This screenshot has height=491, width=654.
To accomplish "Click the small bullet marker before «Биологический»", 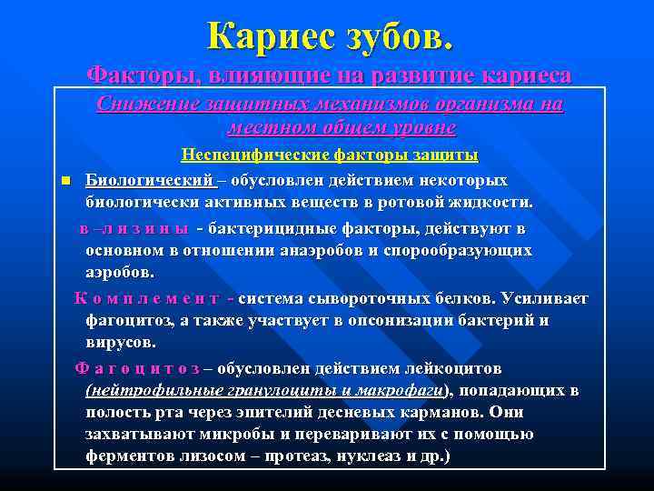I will [x=65, y=179].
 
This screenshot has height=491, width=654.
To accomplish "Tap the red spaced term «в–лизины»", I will [x=134, y=227].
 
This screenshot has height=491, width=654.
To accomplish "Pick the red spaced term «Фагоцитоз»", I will [x=137, y=369].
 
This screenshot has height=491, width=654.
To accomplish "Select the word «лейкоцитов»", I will [x=450, y=369].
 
